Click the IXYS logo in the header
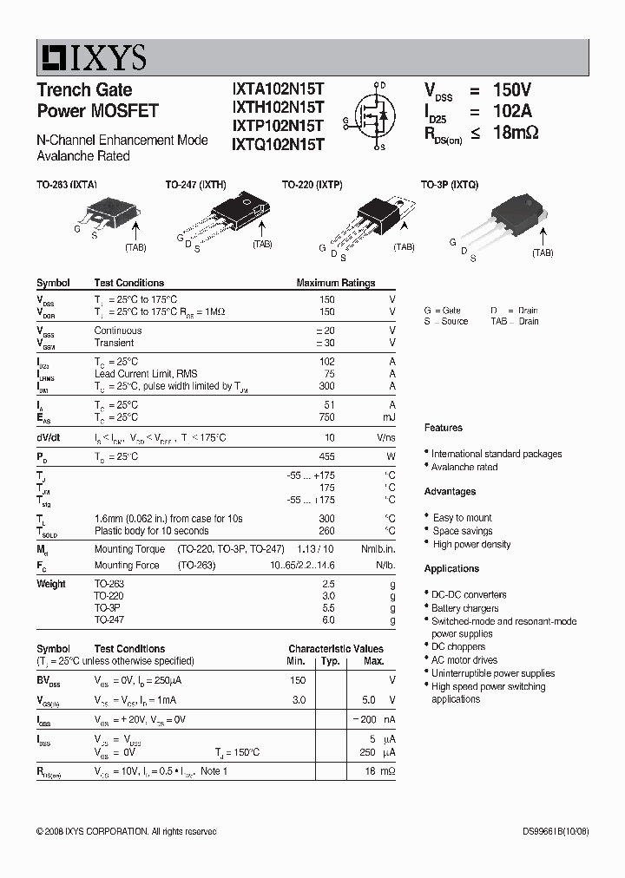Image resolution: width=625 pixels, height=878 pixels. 92,57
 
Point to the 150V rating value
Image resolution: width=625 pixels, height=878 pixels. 511,91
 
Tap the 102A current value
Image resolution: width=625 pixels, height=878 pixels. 512,111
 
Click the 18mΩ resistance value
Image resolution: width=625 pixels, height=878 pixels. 516,133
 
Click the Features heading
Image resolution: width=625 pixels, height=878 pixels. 444,428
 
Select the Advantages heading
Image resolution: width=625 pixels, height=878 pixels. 450,492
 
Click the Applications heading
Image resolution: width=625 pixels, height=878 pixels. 451,569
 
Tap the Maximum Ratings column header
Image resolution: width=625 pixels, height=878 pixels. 335,283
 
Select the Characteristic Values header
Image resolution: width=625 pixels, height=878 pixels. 335,649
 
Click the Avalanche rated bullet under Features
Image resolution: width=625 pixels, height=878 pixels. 464,467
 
